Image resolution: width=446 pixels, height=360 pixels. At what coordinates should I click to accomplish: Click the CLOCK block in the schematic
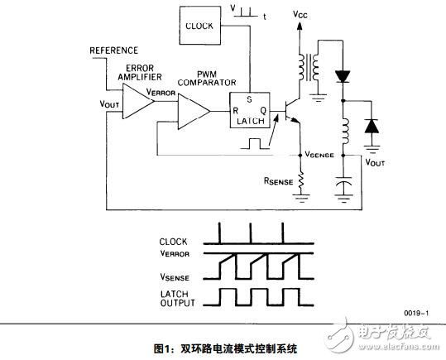coord(200,26)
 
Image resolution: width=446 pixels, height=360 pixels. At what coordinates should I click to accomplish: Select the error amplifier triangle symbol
coord(138,101)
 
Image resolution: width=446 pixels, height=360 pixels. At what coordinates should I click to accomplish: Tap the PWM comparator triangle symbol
coord(194,111)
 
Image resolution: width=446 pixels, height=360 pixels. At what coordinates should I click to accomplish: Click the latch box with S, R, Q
coord(250,110)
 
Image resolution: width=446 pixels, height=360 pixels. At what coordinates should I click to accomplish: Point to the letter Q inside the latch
coord(264,110)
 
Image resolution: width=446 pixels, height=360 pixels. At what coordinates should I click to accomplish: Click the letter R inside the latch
coord(236,110)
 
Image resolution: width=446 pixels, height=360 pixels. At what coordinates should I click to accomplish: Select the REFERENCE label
coord(114,50)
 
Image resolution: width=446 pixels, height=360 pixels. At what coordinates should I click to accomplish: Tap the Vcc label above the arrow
coord(300,14)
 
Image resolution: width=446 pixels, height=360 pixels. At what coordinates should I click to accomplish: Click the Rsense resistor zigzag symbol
coord(300,181)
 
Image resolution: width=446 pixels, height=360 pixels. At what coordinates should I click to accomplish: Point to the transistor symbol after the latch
coord(290,111)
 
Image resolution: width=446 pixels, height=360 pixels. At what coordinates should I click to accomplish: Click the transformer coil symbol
coord(309,68)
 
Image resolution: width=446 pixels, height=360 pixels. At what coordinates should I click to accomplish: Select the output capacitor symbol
coord(343,183)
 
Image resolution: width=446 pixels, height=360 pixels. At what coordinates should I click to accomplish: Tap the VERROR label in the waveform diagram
coord(175,253)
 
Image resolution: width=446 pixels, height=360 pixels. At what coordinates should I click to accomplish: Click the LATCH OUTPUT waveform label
coord(177,298)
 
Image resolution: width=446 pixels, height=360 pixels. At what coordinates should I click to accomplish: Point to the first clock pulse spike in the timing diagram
coord(219,233)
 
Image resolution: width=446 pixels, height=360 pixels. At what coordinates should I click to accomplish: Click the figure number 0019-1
coord(417,314)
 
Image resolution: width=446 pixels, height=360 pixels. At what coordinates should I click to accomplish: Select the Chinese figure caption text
coord(225,348)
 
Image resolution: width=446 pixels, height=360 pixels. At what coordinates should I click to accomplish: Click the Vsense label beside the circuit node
coord(319,155)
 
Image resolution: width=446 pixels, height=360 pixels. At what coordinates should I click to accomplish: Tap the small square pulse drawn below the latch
coord(255,143)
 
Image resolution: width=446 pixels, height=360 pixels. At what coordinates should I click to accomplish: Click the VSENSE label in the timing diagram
coord(175,277)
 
